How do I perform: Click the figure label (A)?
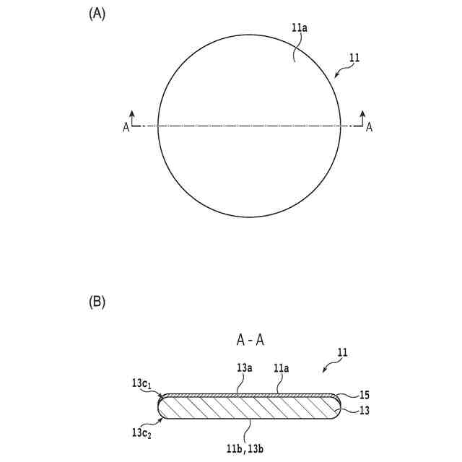(x=97, y=14)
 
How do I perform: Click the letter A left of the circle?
(x=126, y=128)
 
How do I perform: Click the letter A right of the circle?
(x=370, y=128)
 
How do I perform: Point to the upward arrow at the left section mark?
(x=132, y=115)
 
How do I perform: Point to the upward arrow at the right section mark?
(x=362, y=115)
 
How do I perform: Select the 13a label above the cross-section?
(x=245, y=367)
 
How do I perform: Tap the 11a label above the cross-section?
(x=282, y=367)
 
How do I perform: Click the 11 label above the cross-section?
(x=342, y=353)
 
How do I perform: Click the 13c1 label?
(x=142, y=383)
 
